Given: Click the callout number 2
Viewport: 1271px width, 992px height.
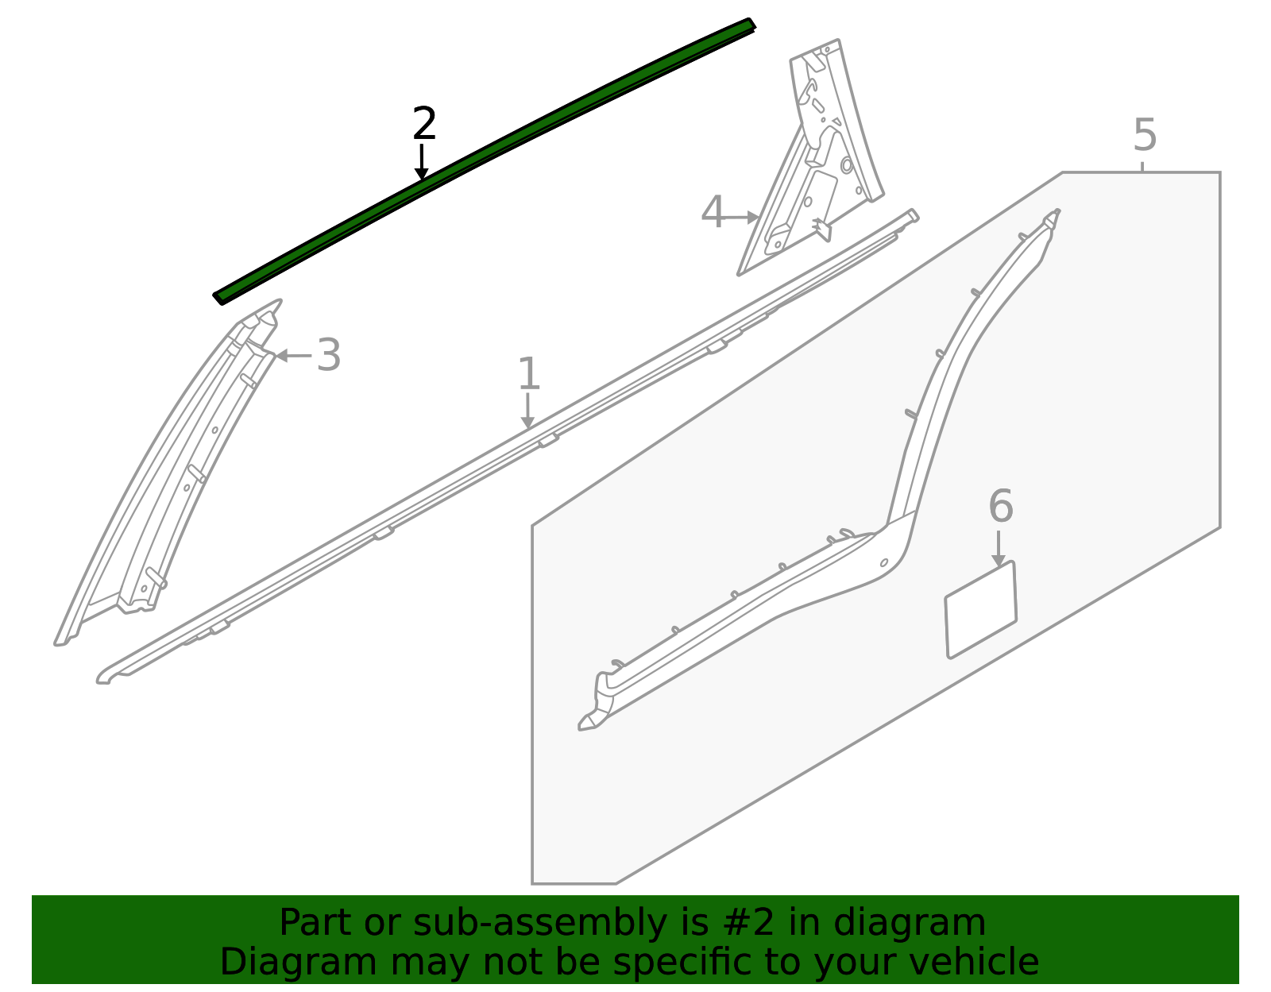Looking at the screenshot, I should [x=425, y=125].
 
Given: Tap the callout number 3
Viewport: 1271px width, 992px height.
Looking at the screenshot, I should [x=329, y=355].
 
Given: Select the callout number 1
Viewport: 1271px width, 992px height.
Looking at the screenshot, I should [x=529, y=374].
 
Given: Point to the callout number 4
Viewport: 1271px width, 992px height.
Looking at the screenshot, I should [x=713, y=213].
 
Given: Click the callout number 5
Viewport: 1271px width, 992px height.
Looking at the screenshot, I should [x=1145, y=136].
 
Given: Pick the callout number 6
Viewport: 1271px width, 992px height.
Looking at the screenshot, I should [x=1001, y=507].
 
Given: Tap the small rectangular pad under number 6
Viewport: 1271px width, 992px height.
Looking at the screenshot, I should [x=980, y=610].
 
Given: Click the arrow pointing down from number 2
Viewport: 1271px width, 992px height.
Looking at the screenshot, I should [x=422, y=163].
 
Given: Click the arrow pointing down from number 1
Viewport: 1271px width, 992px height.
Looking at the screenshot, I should [x=527, y=411].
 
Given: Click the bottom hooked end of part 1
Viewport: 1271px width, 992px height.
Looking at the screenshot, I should [x=107, y=677].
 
